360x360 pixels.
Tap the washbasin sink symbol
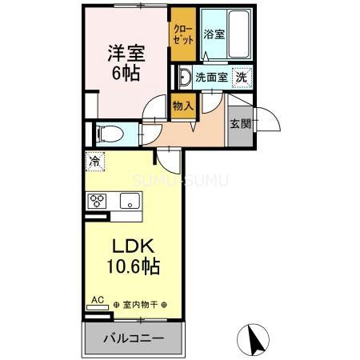point(183,78)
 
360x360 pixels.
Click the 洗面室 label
point(211,78)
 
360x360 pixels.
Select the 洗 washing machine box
point(240,78)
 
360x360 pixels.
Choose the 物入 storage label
point(183,106)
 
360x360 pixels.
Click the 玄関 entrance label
point(240,123)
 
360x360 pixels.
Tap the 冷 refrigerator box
point(94,161)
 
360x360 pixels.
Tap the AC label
point(97,300)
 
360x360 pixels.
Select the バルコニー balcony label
point(134,338)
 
